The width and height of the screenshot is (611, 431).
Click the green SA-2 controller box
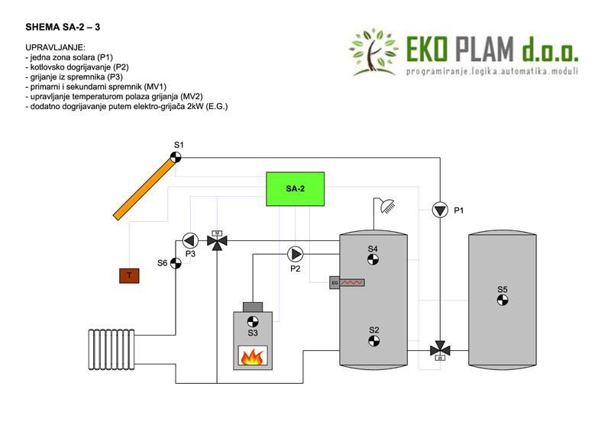[295, 188]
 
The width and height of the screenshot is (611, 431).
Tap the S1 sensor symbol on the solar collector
[176, 156]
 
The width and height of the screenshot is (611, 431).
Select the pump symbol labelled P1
[441, 210]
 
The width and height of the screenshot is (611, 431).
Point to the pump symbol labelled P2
[295, 254]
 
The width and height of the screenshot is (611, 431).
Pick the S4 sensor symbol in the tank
[373, 260]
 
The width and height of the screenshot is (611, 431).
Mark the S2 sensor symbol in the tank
[373, 341]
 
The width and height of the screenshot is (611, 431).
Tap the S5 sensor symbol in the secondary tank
[503, 301]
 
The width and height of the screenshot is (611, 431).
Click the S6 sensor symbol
[176, 263]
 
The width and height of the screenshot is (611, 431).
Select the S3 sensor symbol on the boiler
[253, 321]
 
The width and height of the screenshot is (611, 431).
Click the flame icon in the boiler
[252, 355]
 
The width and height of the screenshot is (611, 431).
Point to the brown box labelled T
[130, 275]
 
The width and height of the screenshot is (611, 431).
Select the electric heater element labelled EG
[348, 283]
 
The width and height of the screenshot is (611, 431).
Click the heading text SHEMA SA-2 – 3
[63, 26]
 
